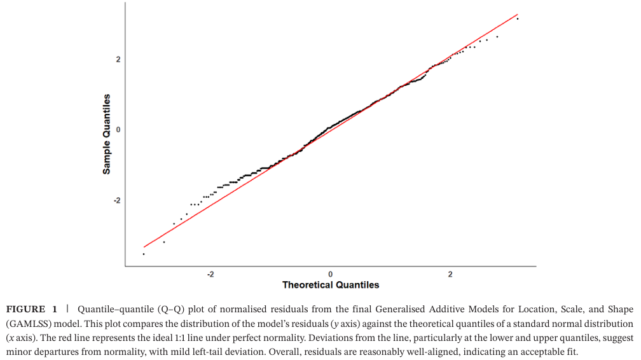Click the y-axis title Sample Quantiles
(107, 134)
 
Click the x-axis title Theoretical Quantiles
(331, 284)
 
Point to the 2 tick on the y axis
(118, 59)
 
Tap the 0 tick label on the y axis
(118, 130)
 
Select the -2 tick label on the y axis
(116, 200)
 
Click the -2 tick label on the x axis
(210, 274)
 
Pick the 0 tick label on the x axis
(331, 274)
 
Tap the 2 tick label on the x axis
(450, 274)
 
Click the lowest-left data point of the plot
(144, 254)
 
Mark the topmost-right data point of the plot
(518, 18)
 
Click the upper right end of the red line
(518, 15)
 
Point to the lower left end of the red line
(144, 247)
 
